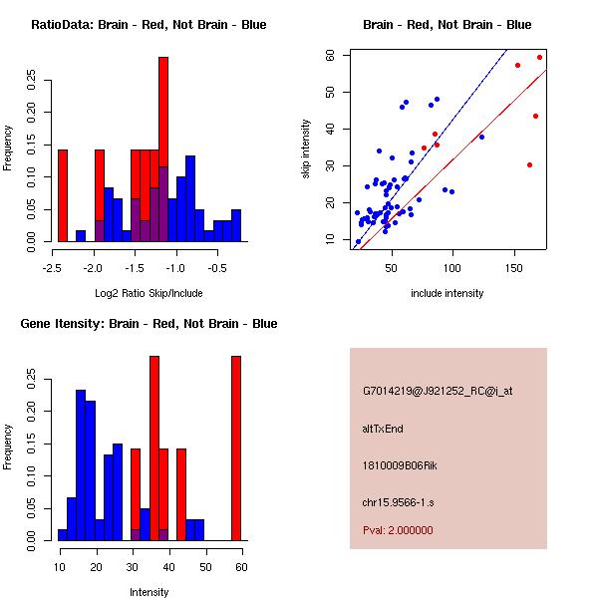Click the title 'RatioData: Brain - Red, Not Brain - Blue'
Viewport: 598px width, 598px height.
(x=149, y=25)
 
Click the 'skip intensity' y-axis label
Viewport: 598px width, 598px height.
(x=307, y=149)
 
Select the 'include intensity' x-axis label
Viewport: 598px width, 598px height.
(x=448, y=293)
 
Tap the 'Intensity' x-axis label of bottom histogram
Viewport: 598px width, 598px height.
(x=149, y=592)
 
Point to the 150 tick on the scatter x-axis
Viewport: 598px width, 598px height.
(x=514, y=268)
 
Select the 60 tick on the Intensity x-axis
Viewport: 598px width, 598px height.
(x=241, y=567)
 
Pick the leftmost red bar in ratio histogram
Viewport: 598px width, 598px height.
(x=63, y=194)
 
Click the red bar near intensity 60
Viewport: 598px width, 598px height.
(x=236, y=448)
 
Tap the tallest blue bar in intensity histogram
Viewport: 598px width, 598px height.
(x=81, y=464)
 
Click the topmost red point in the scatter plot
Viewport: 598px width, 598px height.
(x=539, y=57)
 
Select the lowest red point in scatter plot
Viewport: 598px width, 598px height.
(x=529, y=164)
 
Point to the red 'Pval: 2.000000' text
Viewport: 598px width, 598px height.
(x=398, y=530)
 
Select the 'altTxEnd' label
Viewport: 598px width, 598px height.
(x=383, y=429)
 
